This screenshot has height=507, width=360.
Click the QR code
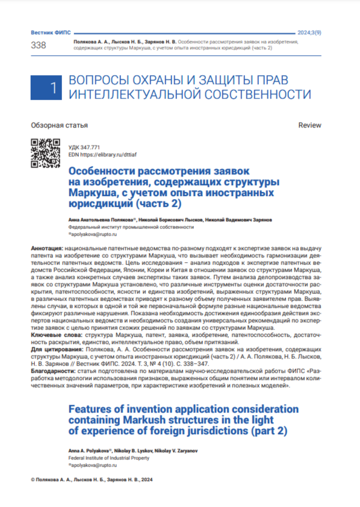45,153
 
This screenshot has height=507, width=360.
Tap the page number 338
38,45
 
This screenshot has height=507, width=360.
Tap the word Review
310,125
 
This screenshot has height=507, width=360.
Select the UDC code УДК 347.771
84,147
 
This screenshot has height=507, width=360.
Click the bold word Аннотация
46,248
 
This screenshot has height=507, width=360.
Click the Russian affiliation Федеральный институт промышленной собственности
124,229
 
